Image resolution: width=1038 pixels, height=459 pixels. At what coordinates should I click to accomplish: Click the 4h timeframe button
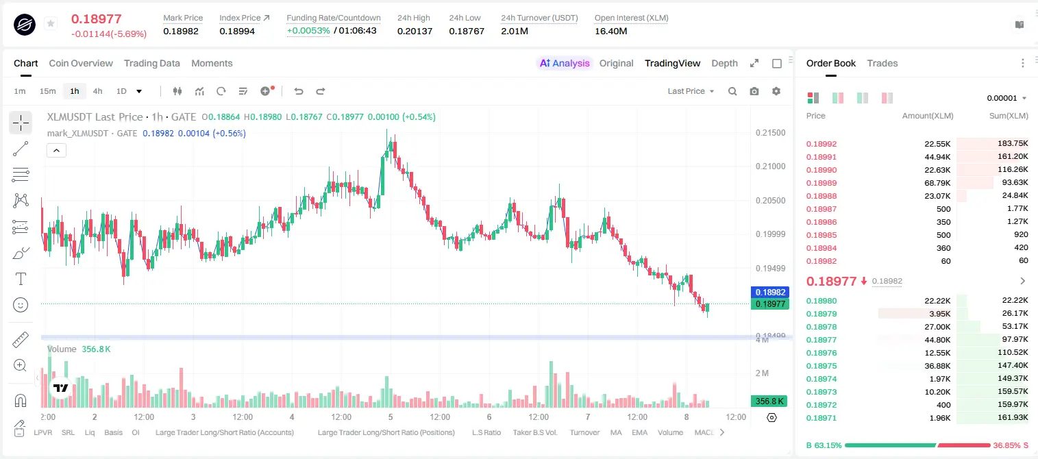coord(97,91)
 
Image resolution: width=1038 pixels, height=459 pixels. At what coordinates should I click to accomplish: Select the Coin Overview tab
coord(81,63)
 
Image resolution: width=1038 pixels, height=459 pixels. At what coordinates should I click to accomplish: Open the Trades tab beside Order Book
coord(882,63)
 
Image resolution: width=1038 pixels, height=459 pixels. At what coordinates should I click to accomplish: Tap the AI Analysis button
coord(565,63)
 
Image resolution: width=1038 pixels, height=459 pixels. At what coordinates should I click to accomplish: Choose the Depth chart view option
coord(724,63)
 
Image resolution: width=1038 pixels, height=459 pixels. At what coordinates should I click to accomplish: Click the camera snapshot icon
coord(754,91)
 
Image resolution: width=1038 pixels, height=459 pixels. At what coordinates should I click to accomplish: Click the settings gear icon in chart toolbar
coord(776,91)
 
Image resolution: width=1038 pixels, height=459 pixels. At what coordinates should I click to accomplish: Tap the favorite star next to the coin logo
coord(51,23)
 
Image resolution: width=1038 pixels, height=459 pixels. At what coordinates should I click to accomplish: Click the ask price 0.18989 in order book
coord(821,183)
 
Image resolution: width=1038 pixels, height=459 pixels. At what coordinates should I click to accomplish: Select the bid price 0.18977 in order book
coord(821,340)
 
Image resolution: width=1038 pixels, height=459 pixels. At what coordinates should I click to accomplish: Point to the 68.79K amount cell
coord(937,183)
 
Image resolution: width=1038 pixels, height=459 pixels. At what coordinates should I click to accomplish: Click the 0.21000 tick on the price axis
coord(770,166)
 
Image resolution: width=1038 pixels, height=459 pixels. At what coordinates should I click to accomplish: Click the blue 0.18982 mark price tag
coord(770,293)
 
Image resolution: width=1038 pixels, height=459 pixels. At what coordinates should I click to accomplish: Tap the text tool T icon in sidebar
coord(21,279)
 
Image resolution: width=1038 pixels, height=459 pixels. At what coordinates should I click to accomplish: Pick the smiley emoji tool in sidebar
coord(21,305)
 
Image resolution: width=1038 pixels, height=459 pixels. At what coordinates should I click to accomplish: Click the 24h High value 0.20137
coord(415,31)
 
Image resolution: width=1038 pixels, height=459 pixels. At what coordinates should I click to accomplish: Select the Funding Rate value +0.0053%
coord(308,31)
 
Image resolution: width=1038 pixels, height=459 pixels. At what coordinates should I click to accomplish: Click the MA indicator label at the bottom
coord(616,432)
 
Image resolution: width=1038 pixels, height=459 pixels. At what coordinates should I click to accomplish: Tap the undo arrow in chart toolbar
coord(299,91)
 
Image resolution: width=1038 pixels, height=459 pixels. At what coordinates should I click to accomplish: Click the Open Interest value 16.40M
coord(610,31)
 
